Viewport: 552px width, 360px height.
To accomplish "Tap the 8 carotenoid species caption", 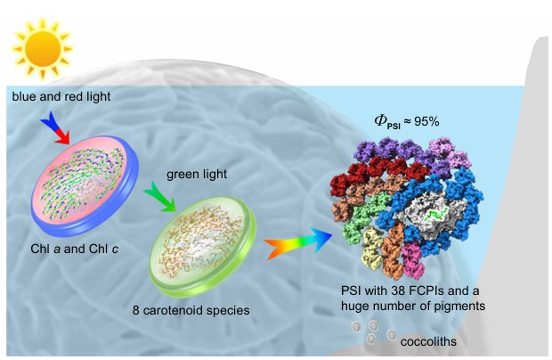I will tap(199, 312).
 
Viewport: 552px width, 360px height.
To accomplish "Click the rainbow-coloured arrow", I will tap(298, 241).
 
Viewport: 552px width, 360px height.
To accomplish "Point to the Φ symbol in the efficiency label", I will tap(380, 120).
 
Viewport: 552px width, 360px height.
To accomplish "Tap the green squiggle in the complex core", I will tap(434, 215).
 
